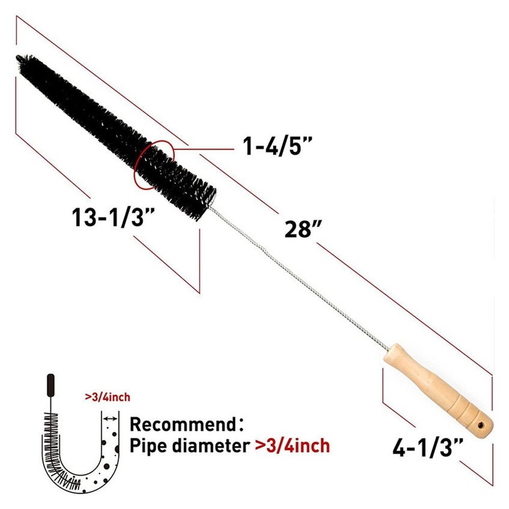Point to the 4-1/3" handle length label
(428, 448)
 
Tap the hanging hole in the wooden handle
(481, 425)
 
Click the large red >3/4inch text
(292, 445)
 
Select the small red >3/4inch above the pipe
(107, 397)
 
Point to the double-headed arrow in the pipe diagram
(110, 419)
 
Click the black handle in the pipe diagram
(51, 383)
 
